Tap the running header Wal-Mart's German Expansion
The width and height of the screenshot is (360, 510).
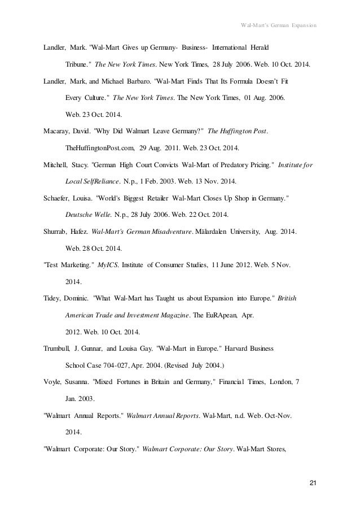pyautogui.click(x=278, y=25)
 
